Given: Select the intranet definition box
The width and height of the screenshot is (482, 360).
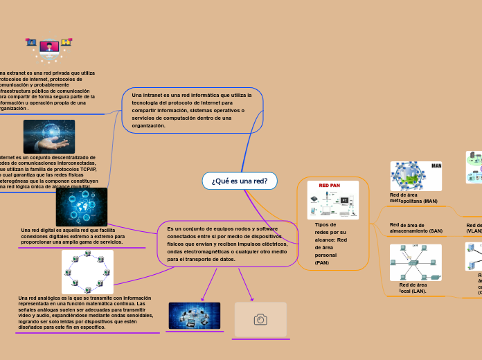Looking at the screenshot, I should tap(192, 110).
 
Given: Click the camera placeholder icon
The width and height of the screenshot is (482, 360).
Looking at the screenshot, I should tap(260, 319).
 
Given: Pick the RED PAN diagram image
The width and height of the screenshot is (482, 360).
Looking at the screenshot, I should tap(333, 201).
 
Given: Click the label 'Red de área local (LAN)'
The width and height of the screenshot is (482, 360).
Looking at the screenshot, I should tap(413, 287).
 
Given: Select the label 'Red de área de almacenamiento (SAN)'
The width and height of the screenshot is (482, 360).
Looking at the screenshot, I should tap(416, 228).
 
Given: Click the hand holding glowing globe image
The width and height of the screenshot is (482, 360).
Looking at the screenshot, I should tap(49, 136).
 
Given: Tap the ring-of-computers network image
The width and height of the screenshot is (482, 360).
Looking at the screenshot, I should tap(87, 271).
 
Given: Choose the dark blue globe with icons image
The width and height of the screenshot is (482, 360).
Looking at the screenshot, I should tap(82, 207).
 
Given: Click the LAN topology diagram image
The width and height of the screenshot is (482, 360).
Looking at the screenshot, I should tap(415, 262).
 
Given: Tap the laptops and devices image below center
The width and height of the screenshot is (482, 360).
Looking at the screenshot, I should tap(195, 316).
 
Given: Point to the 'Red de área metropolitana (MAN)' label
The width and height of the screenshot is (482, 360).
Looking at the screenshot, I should tap(413, 198).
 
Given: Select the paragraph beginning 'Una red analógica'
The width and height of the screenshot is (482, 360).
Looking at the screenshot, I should tap(86, 312).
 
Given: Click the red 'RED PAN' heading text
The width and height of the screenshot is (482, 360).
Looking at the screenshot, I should tap(329, 186).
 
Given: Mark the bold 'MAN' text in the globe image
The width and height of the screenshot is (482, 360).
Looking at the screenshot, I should tap(436, 166).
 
